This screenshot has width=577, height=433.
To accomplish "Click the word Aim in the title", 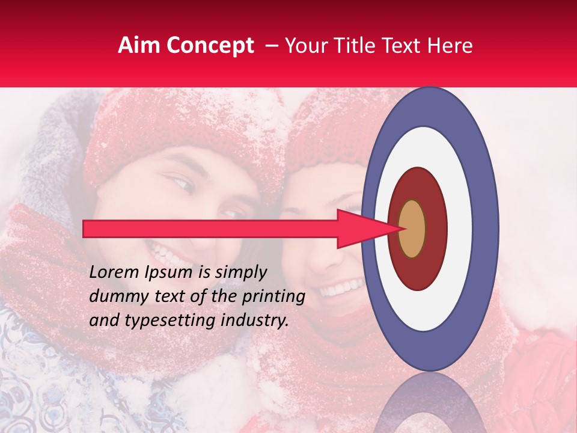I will [x=138, y=46].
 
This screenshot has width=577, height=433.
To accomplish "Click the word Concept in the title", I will [x=209, y=46].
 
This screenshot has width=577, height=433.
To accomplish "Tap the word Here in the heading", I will [x=451, y=46].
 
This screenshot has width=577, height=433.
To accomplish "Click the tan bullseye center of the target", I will [x=412, y=229].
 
